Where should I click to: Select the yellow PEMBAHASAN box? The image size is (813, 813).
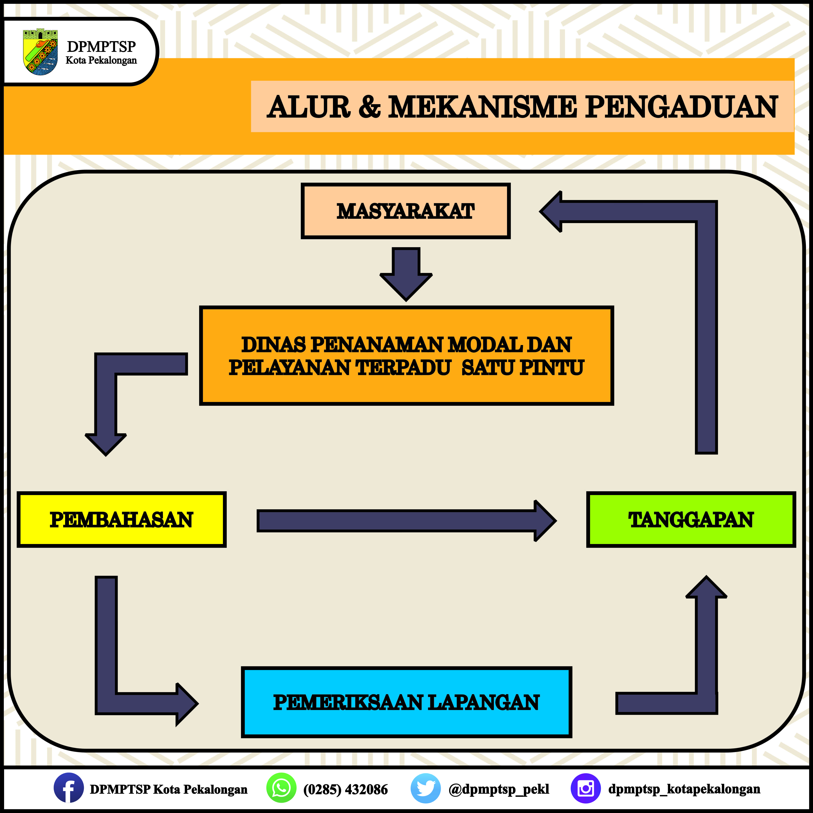[122, 519]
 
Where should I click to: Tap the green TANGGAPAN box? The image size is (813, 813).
[691, 519]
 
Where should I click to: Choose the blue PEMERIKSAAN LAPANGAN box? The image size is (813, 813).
[406, 702]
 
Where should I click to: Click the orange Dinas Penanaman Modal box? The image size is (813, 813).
[406, 356]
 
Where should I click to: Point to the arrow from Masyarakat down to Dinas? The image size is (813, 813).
[406, 274]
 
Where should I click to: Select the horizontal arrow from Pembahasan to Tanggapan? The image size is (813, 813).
[406, 520]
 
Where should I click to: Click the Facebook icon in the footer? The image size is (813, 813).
[69, 788]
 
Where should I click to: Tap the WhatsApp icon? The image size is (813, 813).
[281, 788]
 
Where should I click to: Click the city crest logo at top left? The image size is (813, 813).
[40, 52]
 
